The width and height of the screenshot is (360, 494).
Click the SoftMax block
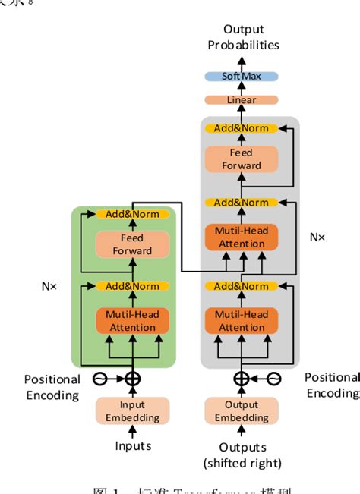242,77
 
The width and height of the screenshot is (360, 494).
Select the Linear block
242,100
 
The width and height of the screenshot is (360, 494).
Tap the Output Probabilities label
243,37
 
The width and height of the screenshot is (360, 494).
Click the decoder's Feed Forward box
242,159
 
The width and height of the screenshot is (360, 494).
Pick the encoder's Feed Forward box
132,244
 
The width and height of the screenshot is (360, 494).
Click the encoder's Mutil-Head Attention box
132,321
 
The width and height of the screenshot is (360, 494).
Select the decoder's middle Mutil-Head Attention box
242,238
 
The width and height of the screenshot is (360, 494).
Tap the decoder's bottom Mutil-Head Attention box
242,321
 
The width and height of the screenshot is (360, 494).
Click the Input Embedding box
132,411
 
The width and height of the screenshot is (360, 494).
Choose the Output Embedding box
242,411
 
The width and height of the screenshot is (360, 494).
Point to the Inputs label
132,445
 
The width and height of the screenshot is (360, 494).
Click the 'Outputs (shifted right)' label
242,455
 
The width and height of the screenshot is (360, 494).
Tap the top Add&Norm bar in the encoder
132,214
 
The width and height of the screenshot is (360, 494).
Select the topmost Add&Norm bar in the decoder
242,129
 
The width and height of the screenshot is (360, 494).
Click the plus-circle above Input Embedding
132,379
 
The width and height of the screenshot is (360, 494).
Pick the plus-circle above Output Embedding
242,379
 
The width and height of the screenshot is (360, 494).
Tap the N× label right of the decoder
317,237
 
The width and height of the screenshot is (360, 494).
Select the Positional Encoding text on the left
52,387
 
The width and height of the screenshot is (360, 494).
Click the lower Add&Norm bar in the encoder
132,286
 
